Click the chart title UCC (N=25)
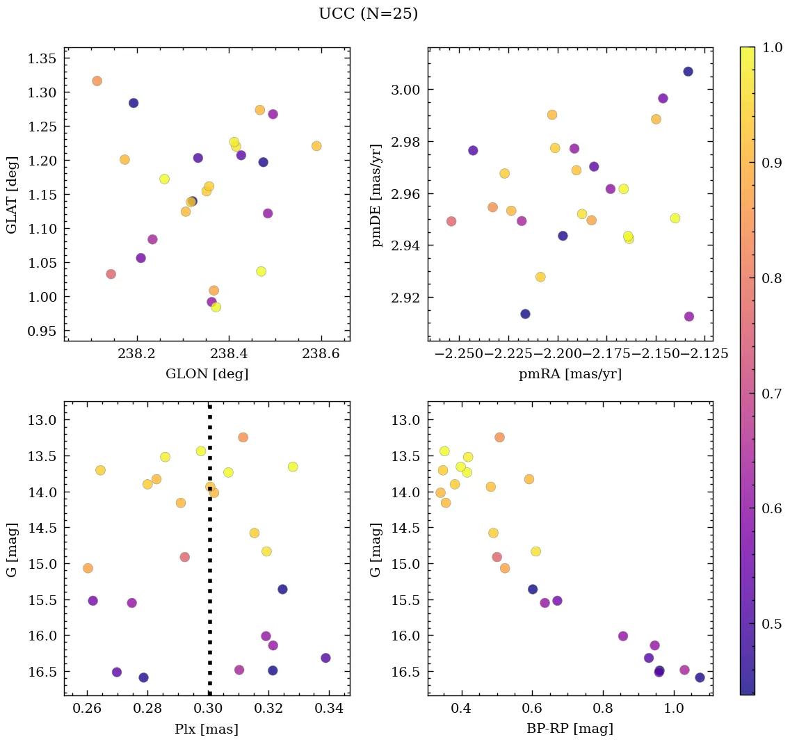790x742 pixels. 368,14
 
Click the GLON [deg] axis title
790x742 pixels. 207,373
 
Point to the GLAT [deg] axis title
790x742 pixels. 12,194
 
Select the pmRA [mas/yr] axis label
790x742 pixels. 570,373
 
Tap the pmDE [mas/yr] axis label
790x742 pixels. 376,194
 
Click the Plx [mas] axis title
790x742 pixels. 207,729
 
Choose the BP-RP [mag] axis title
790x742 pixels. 570,729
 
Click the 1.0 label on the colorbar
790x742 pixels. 772,47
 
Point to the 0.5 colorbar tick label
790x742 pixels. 772,624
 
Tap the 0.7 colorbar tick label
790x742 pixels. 772,394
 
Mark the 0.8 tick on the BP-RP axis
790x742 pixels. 602,709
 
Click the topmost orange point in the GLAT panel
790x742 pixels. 97,81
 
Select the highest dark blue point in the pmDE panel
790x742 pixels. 688,72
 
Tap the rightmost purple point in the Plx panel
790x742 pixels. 325,658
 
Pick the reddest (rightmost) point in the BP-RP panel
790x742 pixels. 700,677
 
